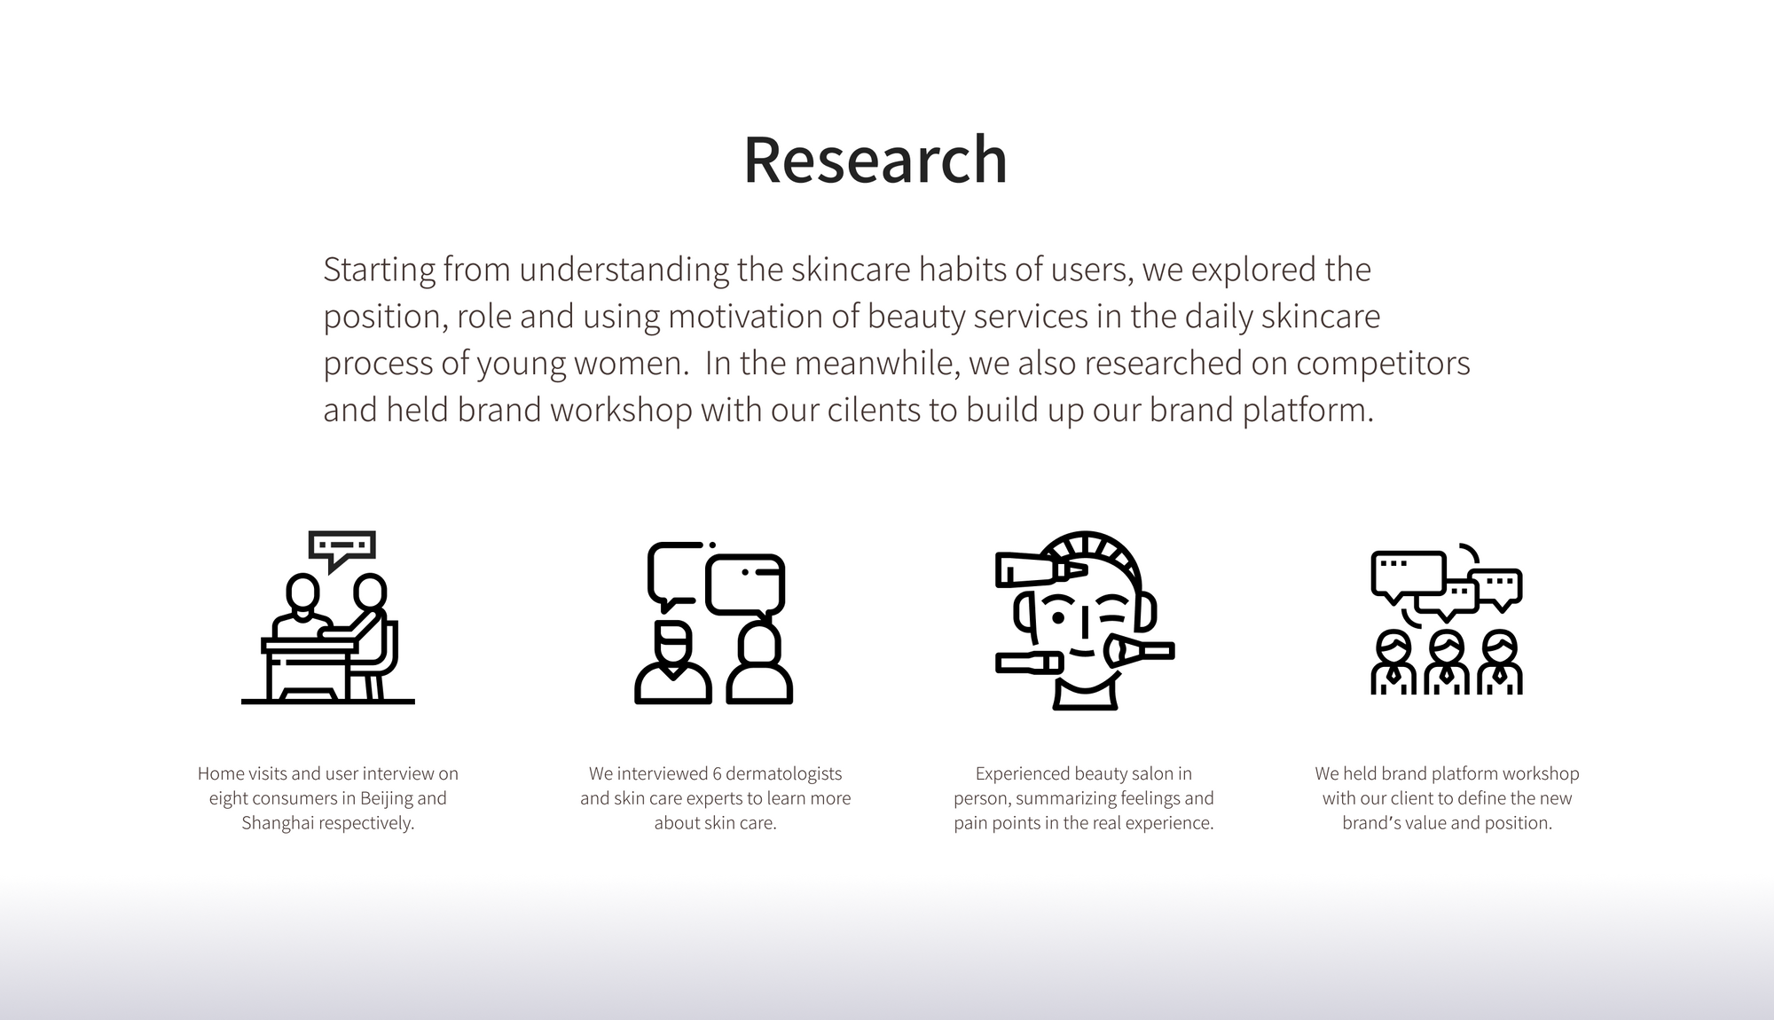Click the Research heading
tap(875, 160)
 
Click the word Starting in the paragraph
tap(379, 271)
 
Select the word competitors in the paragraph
tap(1383, 364)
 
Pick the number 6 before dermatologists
tap(718, 773)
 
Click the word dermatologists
tap(784, 774)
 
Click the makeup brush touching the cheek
tap(1139, 652)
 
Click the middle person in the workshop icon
tap(1447, 663)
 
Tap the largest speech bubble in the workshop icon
tap(1409, 575)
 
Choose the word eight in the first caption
tap(228, 798)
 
